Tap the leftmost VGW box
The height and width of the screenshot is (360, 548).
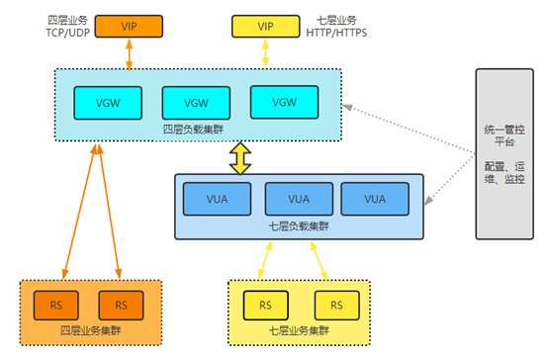pyautogui.click(x=105, y=101)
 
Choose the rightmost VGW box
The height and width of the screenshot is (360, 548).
pyautogui.click(x=283, y=101)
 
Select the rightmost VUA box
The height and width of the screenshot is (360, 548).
pyautogui.click(x=374, y=198)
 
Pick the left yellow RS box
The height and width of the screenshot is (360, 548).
pyautogui.click(x=264, y=302)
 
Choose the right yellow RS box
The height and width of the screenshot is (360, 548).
pyautogui.click(x=335, y=302)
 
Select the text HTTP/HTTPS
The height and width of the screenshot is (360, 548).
pyautogui.click(x=341, y=32)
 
